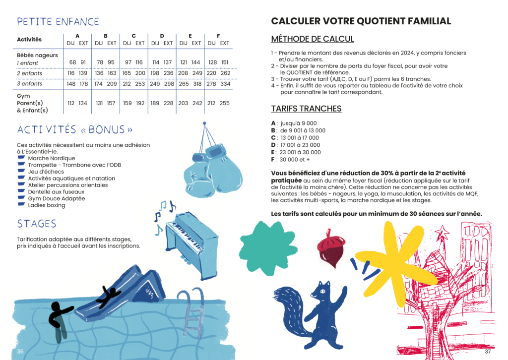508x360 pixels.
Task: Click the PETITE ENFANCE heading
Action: [x=58, y=22]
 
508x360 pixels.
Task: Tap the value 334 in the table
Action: [x=225, y=84]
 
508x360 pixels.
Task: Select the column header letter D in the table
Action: [x=162, y=36]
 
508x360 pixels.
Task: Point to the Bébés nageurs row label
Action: [x=37, y=56]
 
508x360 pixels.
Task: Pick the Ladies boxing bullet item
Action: [x=46, y=205]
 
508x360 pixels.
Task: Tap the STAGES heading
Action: [x=36, y=224]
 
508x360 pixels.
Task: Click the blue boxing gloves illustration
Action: [x=212, y=166]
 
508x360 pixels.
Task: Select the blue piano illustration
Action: [x=191, y=242]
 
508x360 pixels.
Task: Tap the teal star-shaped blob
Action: [x=262, y=241]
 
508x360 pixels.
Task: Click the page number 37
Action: [x=487, y=352]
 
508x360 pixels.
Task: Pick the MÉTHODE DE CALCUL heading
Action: [x=312, y=39]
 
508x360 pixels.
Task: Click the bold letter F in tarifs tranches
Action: [x=273, y=160]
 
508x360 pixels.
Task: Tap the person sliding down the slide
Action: [x=109, y=295]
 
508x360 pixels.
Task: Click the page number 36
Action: [x=20, y=352]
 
